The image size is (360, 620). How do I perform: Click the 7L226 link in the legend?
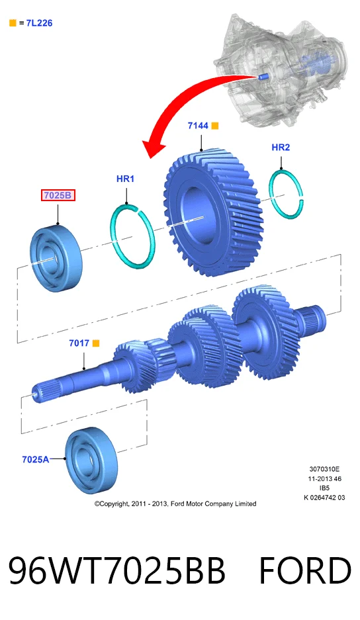click(x=39, y=23)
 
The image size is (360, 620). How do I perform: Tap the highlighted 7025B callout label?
click(x=58, y=195)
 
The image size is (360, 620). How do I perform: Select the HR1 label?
click(x=126, y=179)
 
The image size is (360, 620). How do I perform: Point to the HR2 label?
click(x=281, y=148)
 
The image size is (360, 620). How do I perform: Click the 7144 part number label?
click(x=198, y=126)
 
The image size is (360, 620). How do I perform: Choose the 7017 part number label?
click(x=79, y=343)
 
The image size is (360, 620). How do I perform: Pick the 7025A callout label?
click(x=36, y=459)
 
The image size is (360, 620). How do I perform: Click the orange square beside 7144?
click(x=215, y=126)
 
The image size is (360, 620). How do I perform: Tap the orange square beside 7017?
click(x=96, y=343)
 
